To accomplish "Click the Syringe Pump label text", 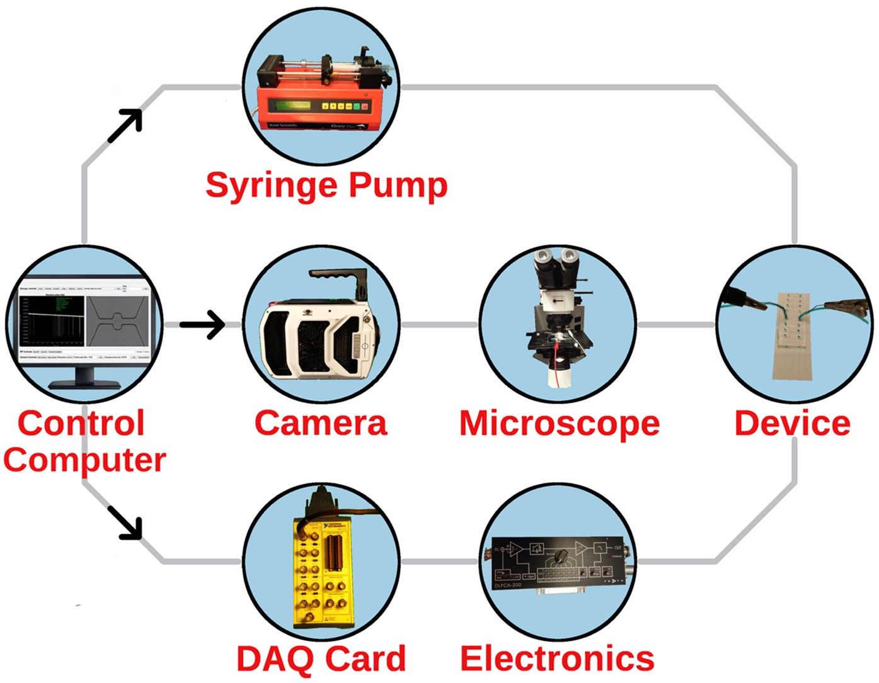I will (x=326, y=185).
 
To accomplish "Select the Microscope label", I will (x=559, y=423).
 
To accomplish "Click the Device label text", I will (x=792, y=423).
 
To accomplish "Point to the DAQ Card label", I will (x=321, y=659).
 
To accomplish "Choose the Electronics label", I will (x=557, y=659).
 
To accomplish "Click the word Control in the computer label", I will (x=81, y=423).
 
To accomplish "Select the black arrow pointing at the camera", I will (x=202, y=325).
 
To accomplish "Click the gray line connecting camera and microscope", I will (x=439, y=325).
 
